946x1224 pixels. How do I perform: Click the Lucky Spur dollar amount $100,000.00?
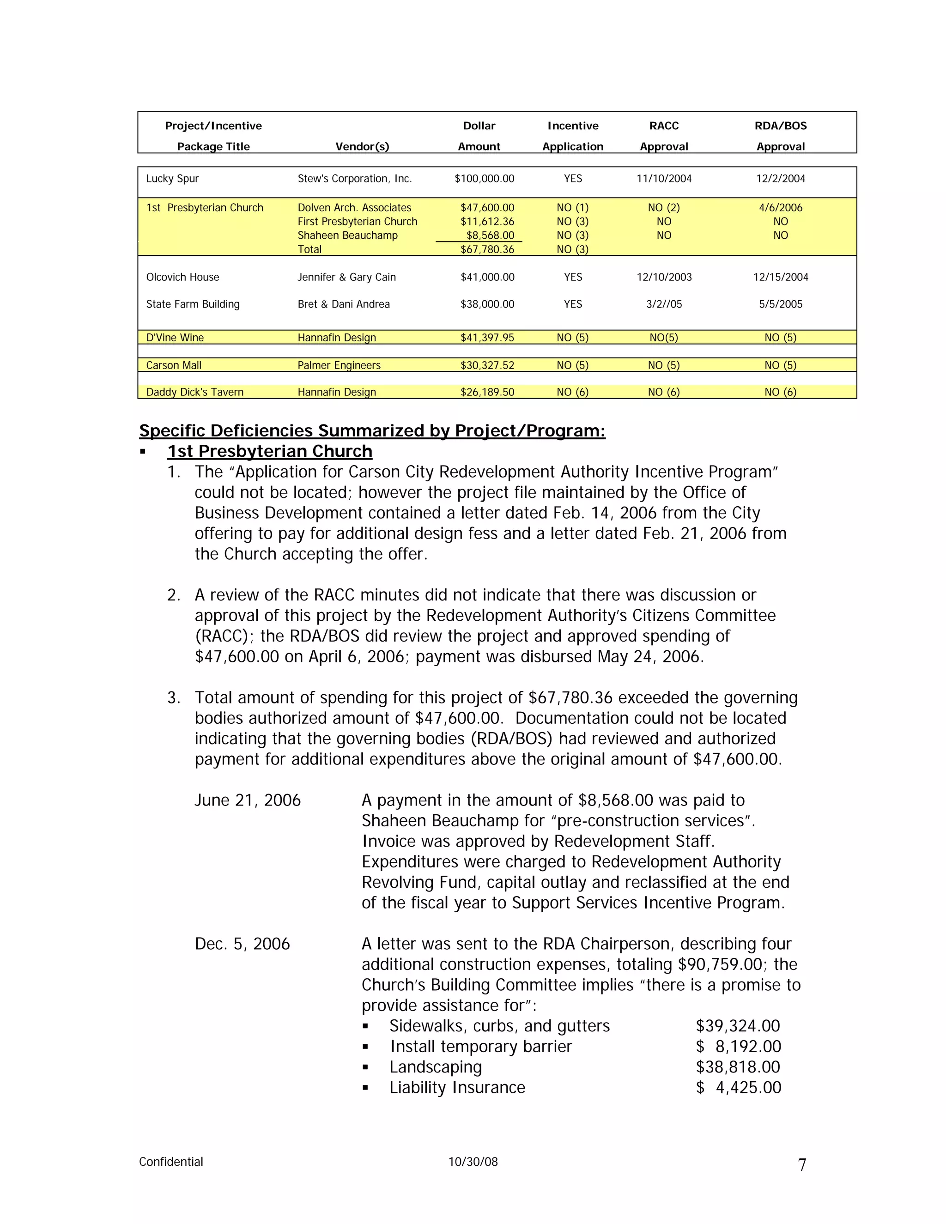tap(484, 179)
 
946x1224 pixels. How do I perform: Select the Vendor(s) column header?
tap(362, 147)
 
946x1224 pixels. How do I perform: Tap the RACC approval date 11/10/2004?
tap(664, 179)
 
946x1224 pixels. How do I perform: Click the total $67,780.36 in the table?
tap(487, 249)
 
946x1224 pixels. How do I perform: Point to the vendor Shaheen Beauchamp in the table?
tap(347, 236)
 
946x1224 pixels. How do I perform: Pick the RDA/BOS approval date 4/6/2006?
tap(780, 208)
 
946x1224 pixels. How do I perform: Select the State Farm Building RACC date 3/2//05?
tap(664, 304)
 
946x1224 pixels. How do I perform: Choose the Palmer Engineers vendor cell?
tap(339, 365)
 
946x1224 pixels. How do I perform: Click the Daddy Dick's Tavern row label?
tap(194, 392)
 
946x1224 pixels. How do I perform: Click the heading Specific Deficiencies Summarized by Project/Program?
tap(372, 431)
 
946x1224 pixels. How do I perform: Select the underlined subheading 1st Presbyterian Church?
tap(270, 452)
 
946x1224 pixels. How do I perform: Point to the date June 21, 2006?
tap(247, 800)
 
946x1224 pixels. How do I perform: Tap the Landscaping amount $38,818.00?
tap(738, 1067)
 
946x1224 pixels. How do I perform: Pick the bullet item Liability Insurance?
tap(457, 1088)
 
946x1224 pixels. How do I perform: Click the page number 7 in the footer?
tap(802, 1165)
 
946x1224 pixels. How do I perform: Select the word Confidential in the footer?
tap(171, 1162)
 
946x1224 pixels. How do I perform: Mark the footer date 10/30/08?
tap(473, 1162)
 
